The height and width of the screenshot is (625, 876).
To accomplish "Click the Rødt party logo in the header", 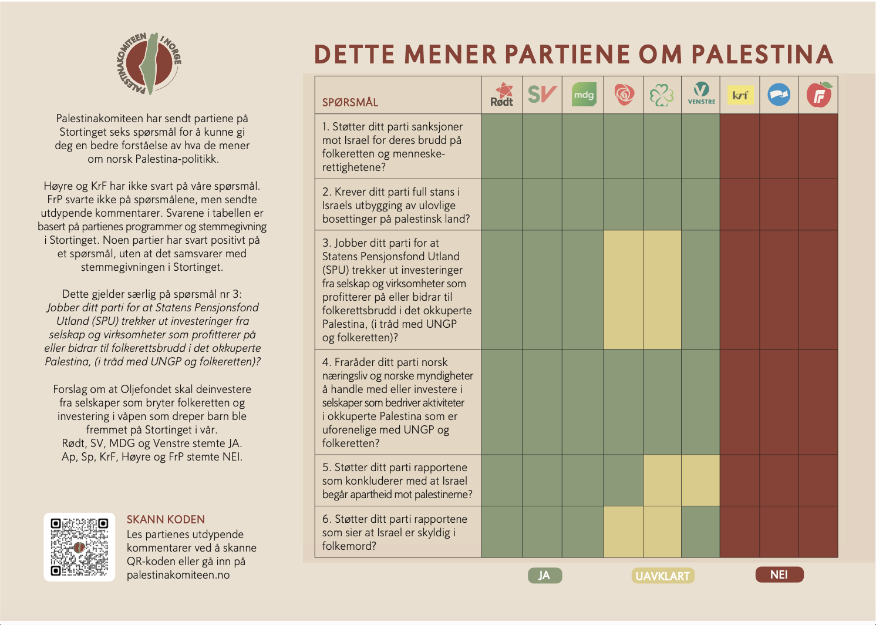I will click(x=502, y=95).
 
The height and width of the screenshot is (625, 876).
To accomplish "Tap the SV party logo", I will click(x=542, y=95).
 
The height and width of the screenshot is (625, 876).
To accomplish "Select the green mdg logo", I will click(x=583, y=95).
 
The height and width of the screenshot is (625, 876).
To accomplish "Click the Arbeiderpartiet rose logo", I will click(x=624, y=95).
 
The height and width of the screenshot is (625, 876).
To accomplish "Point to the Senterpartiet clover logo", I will click(x=662, y=95).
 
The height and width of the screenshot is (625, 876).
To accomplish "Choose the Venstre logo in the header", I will click(x=701, y=94).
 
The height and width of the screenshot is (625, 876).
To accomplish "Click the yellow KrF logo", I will click(x=740, y=95).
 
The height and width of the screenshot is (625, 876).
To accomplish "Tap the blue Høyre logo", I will click(x=779, y=95).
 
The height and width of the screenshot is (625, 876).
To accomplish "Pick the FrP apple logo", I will click(x=818, y=95).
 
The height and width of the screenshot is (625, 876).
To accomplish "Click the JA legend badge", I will click(x=545, y=576).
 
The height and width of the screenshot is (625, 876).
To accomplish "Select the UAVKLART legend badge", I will click(x=663, y=576).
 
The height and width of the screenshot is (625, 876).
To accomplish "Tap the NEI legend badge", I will click(x=779, y=574).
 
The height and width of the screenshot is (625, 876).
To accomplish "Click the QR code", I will click(x=79, y=547).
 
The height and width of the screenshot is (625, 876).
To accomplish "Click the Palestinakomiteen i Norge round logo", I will click(x=149, y=63).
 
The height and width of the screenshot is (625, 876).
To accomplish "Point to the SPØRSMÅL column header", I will click(x=350, y=103).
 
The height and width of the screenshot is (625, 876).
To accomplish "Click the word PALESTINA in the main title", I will click(x=762, y=55).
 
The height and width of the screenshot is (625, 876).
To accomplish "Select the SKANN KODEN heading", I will click(x=166, y=520).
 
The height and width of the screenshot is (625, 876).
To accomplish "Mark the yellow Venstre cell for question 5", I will click(x=700, y=480).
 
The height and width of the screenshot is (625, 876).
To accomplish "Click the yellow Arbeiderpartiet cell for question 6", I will click(x=624, y=532).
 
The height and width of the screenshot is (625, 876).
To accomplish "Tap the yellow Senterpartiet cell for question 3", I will click(x=662, y=290).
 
